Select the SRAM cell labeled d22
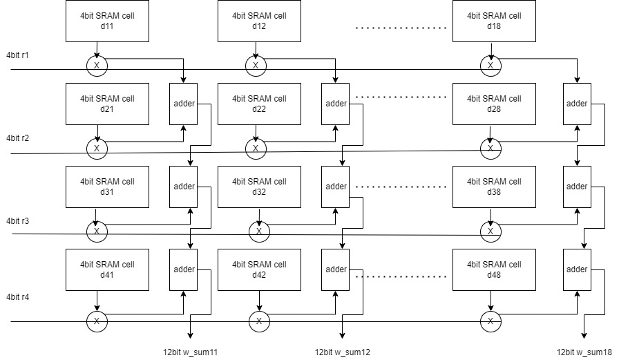[x=259, y=104]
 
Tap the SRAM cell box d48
[x=494, y=269]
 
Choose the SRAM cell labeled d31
[x=107, y=187]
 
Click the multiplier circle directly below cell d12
[x=256, y=65]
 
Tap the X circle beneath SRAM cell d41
[x=97, y=321]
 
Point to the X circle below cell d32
[x=259, y=231]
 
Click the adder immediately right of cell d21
[x=184, y=104]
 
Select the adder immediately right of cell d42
[x=336, y=269]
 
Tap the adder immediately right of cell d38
[x=576, y=187]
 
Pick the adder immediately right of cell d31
[x=184, y=187]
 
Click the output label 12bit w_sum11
[x=190, y=352]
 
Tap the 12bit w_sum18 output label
[x=584, y=352]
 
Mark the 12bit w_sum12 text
[x=342, y=352]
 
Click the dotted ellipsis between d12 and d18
[x=401, y=28]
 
